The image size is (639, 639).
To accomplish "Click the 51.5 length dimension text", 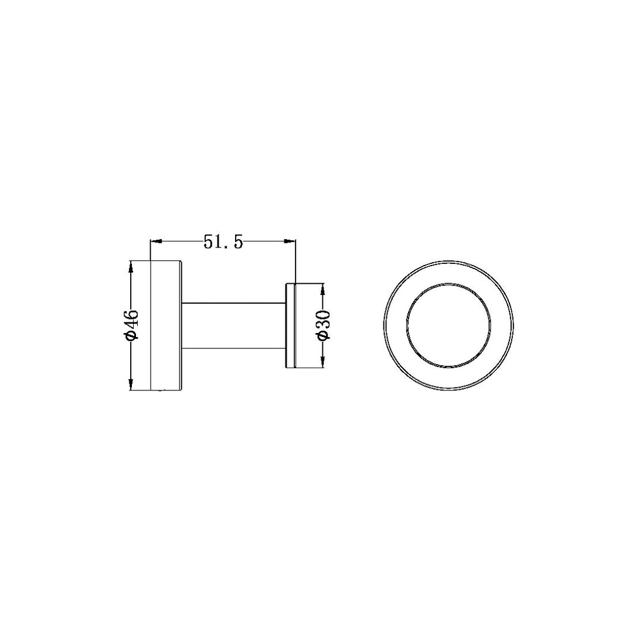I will (x=223, y=242).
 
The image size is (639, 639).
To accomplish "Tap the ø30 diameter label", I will (x=324, y=325).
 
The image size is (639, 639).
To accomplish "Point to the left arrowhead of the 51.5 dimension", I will (x=155, y=240).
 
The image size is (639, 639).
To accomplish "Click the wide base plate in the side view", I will (x=166, y=325).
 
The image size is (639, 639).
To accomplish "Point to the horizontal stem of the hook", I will (x=234, y=325).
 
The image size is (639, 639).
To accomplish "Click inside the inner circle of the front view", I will (x=449, y=325).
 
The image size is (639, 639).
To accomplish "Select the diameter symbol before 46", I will (x=132, y=335).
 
